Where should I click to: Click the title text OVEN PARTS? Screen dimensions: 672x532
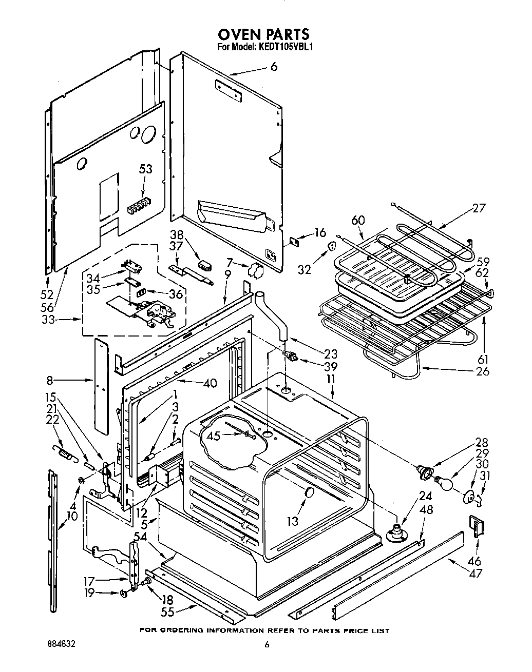[263, 34]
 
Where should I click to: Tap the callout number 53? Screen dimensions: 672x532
[145, 170]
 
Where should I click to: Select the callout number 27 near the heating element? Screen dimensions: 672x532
[478, 208]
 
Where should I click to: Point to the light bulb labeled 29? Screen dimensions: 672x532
[445, 483]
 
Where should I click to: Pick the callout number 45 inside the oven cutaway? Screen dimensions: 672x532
[213, 436]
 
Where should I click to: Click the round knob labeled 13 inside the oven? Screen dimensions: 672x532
[309, 492]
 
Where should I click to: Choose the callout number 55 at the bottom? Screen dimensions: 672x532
[167, 611]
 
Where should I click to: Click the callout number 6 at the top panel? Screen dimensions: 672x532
[274, 67]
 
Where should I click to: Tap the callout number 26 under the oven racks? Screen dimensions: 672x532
[482, 371]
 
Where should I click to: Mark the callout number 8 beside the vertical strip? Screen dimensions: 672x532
[50, 380]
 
